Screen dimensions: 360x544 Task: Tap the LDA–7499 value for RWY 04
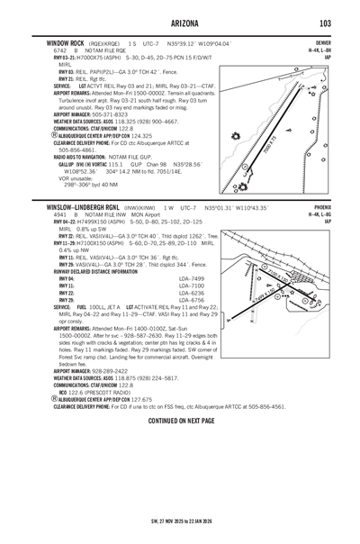point(193,279)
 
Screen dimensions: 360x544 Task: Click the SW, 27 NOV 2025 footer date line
point(180,521)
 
